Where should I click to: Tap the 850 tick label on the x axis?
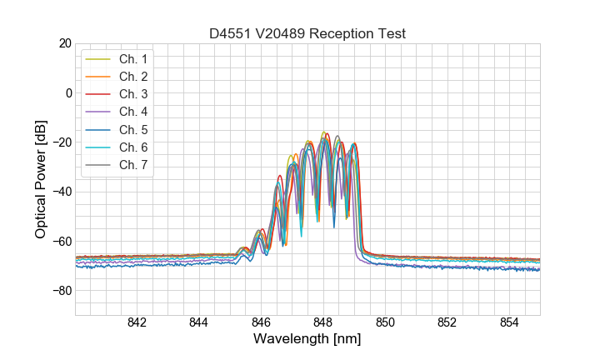pyautogui.click(x=385, y=323)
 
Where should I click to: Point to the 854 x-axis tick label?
pyautogui.click(x=509, y=323)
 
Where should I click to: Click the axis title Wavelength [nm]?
pyautogui.click(x=307, y=340)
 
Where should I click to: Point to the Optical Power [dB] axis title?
pyautogui.click(x=41, y=179)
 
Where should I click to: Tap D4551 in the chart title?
pyautogui.click(x=230, y=34)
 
